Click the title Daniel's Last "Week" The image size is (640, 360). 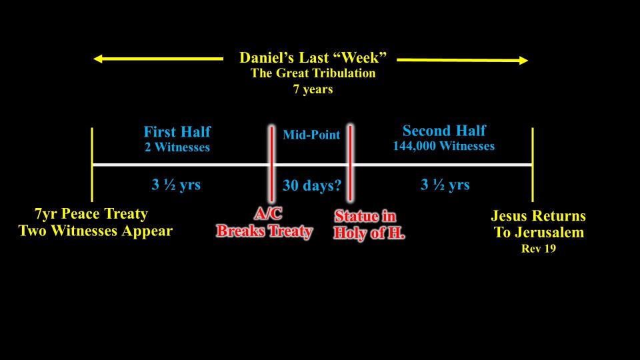coord(313,57)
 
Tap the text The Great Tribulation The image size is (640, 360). coord(313,73)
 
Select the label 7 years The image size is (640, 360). coord(313,89)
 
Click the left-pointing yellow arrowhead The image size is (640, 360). coord(97,59)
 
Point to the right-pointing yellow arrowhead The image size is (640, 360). coord(523,61)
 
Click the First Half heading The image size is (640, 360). coord(177,132)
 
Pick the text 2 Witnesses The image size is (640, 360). coord(177,147)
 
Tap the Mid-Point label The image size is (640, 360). coord(311,135)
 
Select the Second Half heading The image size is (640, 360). coord(444,131)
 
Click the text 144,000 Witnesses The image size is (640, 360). coord(444,146)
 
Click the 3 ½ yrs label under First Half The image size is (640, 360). coord(176,185)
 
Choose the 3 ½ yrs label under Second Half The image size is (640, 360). coord(445,185)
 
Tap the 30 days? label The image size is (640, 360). coord(312,185)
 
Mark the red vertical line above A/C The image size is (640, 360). coord(271,164)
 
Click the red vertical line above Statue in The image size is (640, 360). coord(350,163)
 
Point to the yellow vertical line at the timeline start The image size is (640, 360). coord(92,165)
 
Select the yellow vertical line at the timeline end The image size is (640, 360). coord(533,165)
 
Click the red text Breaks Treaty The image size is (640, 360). coord(265,231)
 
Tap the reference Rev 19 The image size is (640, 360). coord(539,248)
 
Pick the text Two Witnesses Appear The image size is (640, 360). coord(95,231)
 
